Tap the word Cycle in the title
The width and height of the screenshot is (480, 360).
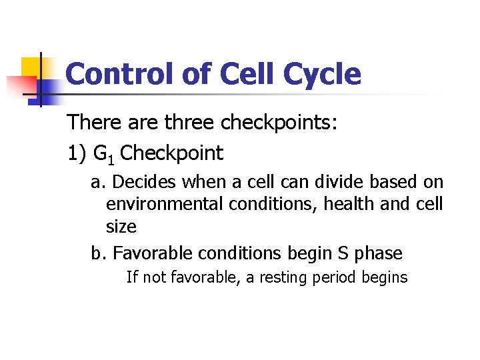[x=322, y=74]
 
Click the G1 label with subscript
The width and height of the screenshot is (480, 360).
[x=105, y=154]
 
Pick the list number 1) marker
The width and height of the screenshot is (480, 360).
[x=77, y=153]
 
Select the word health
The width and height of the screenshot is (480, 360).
[x=346, y=203]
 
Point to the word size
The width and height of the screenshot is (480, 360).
[x=121, y=227]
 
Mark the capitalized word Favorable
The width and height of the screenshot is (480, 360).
[x=145, y=253]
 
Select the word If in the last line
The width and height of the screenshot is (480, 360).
[x=132, y=277]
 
